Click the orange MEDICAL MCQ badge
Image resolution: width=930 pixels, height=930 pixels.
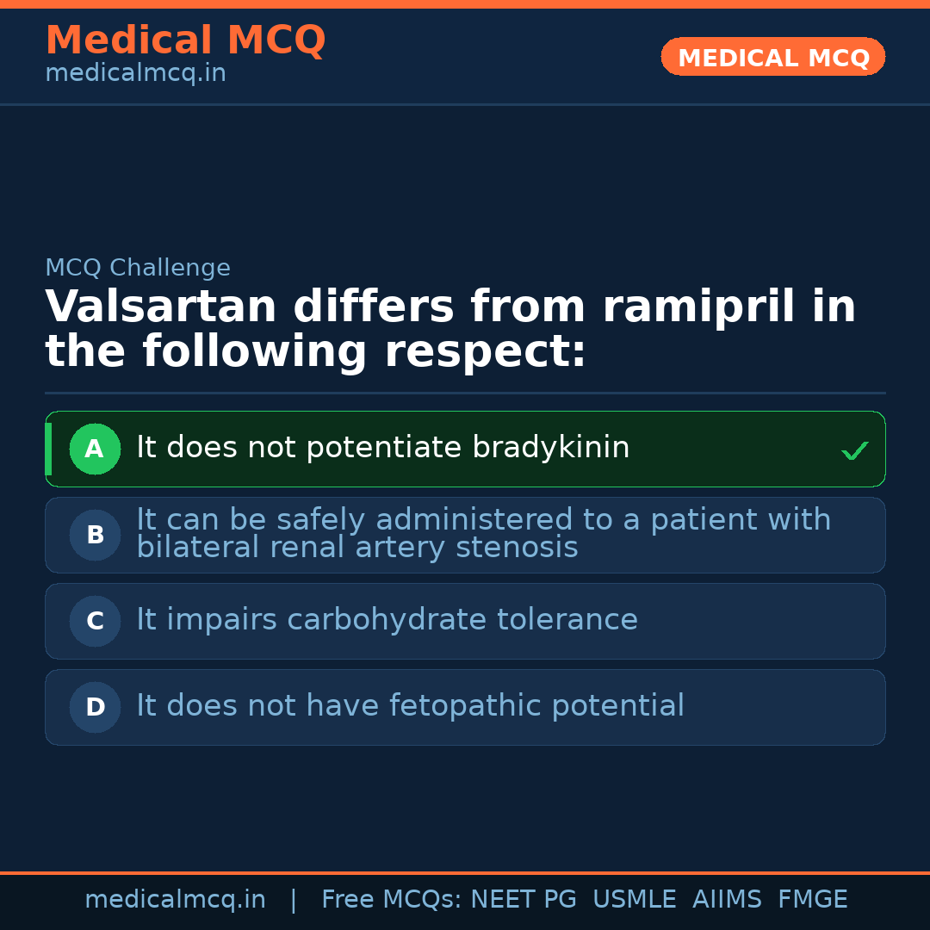pos(772,57)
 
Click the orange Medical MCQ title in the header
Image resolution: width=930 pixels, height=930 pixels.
pos(186,40)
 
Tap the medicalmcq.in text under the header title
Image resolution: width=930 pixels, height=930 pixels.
pos(136,73)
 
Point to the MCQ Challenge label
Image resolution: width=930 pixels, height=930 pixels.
pos(138,268)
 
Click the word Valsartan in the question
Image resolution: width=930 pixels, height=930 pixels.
pos(161,307)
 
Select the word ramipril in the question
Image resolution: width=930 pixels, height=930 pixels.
pos(698,308)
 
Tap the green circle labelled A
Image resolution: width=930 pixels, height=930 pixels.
pos(95,449)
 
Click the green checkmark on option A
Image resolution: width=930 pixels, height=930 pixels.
pos(855,450)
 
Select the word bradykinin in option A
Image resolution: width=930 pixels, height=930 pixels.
pos(550,447)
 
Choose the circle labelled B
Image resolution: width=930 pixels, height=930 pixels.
pos(95,535)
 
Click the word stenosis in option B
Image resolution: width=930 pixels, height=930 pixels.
pos(517,547)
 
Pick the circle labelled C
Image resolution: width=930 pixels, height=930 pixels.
pos(95,621)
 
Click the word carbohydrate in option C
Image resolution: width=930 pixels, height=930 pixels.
pos(387,620)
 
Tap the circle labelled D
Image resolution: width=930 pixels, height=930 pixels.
pos(95,707)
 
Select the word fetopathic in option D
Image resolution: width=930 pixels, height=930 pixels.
pos(465,706)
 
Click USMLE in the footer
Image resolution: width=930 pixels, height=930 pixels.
pos(635,899)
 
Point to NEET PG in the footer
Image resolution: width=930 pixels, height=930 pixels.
pos(524,899)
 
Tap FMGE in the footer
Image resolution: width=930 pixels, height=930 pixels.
pos(813,899)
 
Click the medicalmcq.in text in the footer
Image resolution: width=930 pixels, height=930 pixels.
pos(176,900)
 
